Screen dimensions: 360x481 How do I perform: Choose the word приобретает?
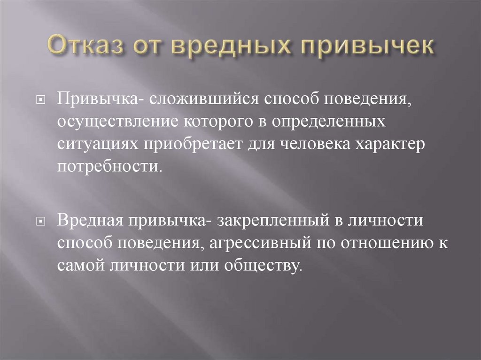pyautogui.click(x=188, y=145)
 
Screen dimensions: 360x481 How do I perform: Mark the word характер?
pyautogui.click(x=392, y=145)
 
